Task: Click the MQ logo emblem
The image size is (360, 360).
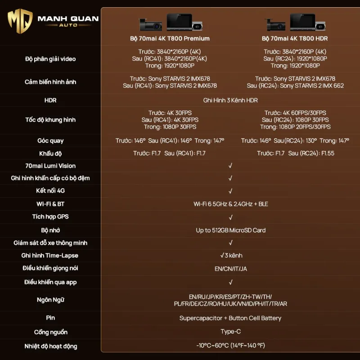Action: [x=20, y=21]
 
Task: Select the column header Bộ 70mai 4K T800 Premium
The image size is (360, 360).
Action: [x=170, y=39]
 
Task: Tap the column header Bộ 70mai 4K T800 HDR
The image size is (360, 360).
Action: [x=294, y=39]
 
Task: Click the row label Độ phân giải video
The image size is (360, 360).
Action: [x=50, y=59]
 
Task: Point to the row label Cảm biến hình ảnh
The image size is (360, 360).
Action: [x=50, y=82]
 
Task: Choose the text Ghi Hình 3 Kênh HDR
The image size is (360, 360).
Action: [x=230, y=100]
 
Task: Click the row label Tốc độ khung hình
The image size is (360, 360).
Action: [x=50, y=120]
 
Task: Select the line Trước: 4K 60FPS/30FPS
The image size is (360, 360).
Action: [x=295, y=113]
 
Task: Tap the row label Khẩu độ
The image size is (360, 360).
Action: [x=50, y=153]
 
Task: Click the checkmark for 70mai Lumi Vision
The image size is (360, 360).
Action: [x=230, y=166]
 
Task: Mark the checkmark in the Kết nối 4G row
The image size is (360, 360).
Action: [x=230, y=191]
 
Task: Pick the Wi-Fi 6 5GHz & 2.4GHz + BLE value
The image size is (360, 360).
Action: [x=230, y=204]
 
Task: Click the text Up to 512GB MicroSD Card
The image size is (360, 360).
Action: [x=230, y=230]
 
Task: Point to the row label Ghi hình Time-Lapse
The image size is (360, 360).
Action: [x=50, y=256]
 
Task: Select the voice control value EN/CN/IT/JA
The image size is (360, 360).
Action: [x=230, y=269]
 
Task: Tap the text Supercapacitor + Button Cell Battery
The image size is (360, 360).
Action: [x=230, y=318]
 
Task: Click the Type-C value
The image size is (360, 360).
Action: [x=230, y=332]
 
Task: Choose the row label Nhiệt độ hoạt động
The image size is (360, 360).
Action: [x=50, y=346]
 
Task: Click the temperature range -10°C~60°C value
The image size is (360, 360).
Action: [x=230, y=346]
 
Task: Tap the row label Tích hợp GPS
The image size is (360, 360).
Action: [x=50, y=217]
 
